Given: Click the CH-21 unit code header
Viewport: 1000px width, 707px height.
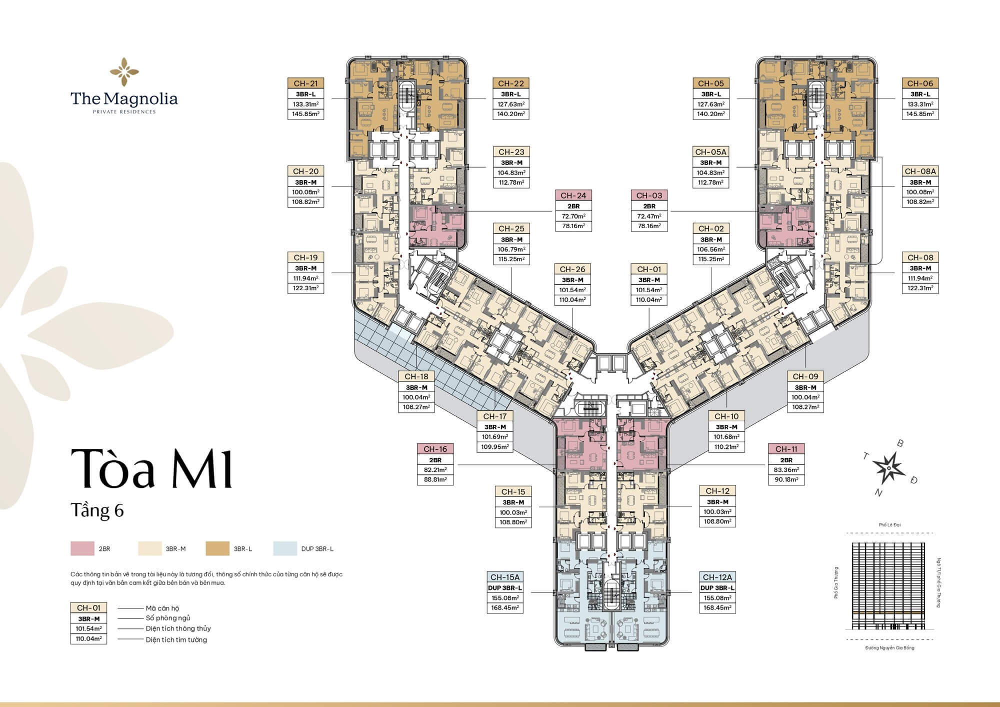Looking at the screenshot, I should click(x=305, y=84).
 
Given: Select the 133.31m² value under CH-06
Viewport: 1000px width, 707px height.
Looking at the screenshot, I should click(x=920, y=104).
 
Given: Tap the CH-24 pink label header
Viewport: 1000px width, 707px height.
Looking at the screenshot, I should click(x=573, y=196).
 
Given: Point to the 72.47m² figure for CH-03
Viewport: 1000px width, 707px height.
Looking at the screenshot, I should click(x=649, y=216).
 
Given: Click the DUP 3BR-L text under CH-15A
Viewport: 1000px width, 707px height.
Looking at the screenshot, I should click(x=504, y=588).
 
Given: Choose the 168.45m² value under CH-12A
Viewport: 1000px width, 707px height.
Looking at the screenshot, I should click(x=717, y=607).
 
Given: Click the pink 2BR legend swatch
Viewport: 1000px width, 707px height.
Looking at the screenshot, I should click(x=82, y=549).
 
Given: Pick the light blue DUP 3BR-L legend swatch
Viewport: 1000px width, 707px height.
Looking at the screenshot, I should click(x=285, y=549).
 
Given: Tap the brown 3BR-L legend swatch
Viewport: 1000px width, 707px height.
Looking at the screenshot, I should click(x=217, y=549).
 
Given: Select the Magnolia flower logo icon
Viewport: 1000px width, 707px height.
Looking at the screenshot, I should click(x=124, y=72).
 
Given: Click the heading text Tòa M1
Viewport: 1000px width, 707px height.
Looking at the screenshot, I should click(x=151, y=468).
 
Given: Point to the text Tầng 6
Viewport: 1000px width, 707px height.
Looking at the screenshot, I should click(x=97, y=510).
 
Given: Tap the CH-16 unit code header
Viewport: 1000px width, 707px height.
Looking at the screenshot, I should click(x=435, y=449).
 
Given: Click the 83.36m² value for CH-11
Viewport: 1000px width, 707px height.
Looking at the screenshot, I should click(x=786, y=470).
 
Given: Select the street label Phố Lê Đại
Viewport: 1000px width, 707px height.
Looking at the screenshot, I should click(x=889, y=525).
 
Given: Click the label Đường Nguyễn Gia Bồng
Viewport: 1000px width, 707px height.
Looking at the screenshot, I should click(x=889, y=648).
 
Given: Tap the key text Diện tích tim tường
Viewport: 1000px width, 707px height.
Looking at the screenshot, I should click(x=176, y=639).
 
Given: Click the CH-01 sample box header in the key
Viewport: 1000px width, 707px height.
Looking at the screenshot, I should click(x=88, y=608).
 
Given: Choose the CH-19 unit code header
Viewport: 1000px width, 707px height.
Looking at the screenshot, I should click(x=305, y=258).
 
